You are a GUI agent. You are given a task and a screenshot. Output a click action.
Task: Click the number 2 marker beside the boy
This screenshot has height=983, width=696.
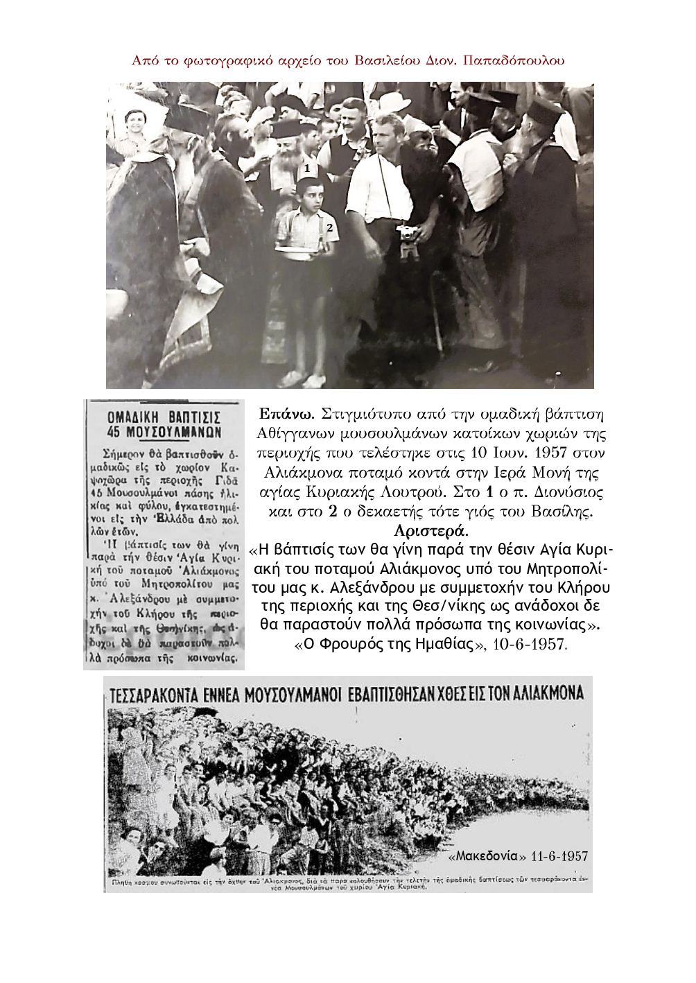pos(331,227)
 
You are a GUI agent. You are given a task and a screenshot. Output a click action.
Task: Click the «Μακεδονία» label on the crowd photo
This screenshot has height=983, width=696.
pos(485,856)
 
